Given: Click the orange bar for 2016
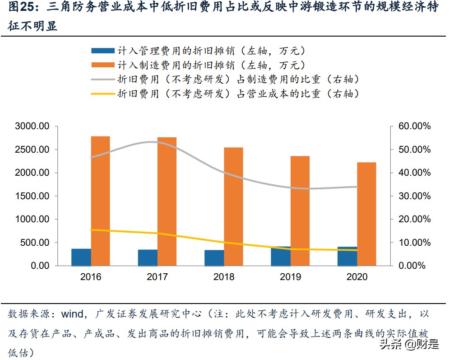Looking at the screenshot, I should click(100, 201).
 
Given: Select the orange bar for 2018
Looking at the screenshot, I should click(233, 206).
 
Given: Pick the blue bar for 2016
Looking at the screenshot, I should click(81, 257).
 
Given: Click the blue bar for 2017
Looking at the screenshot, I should click(148, 257).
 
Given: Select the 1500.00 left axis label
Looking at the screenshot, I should click(32, 196).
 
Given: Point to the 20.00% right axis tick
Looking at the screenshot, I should click(415, 219).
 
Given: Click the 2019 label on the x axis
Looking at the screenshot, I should click(290, 277).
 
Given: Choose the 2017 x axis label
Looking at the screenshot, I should click(157, 277).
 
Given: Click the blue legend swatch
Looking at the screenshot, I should click(102, 51).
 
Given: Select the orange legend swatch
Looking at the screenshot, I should click(102, 65).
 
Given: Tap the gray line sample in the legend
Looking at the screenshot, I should click(102, 79).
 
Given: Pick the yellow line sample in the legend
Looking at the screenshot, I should click(102, 94).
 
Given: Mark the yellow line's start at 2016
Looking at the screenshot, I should click(91, 230).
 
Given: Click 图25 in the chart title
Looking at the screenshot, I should click(20, 8).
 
